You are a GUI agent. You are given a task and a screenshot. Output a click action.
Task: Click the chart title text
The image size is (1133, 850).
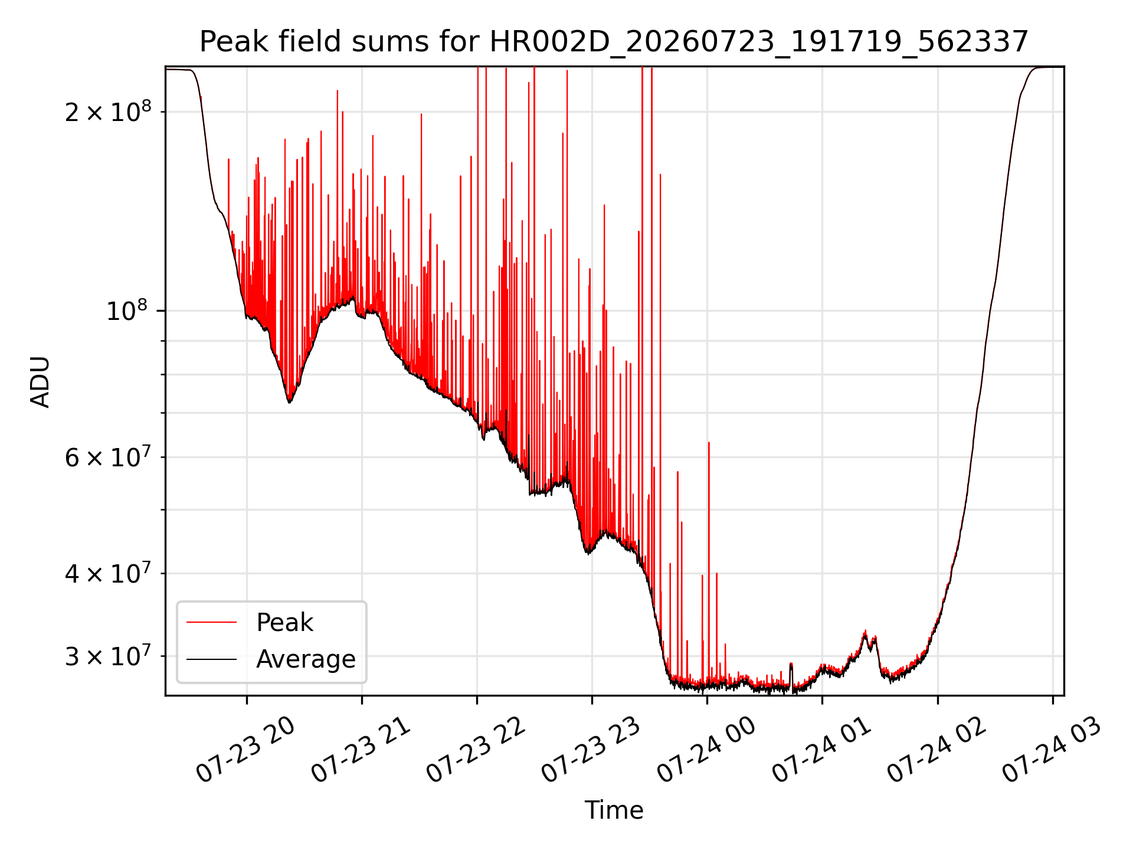[x=614, y=42]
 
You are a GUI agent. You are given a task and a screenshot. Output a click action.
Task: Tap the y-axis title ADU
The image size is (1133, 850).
[x=40, y=381]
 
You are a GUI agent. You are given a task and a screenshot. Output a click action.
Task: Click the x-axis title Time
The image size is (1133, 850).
[x=614, y=810]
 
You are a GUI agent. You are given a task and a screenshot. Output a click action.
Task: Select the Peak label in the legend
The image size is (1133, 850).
[x=284, y=623]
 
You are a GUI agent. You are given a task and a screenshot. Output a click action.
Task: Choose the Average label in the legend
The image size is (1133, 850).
[x=306, y=659]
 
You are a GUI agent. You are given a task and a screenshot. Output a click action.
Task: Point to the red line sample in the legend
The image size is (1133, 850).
[x=211, y=622]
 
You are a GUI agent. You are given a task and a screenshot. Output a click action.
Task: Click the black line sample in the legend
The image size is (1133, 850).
[x=211, y=659]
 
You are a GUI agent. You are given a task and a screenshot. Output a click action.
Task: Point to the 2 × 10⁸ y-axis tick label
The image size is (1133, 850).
[x=107, y=111]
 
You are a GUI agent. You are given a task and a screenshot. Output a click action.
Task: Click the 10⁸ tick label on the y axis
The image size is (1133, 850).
[x=129, y=310]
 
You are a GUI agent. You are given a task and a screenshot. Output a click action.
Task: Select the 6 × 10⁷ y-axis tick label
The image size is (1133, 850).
[x=107, y=456]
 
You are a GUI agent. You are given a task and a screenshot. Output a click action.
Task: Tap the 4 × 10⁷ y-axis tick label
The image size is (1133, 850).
[x=107, y=573]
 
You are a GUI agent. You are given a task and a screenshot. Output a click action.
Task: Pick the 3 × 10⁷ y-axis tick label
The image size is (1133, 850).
[x=107, y=655]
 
